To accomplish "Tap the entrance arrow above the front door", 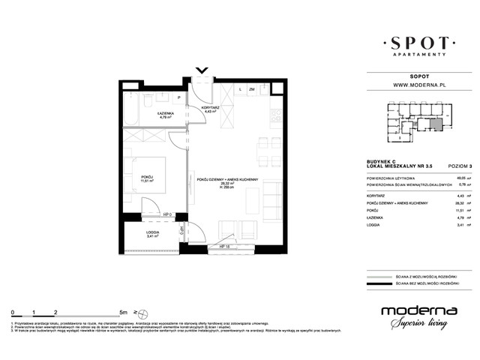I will coord(202,72).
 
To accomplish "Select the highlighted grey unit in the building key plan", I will coord(435,124).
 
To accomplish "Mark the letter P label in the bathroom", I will coord(179,97).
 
